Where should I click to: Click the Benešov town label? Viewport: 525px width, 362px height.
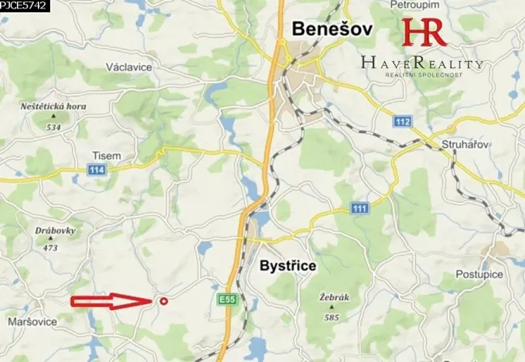[332, 29]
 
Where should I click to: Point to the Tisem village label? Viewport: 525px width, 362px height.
[105, 155]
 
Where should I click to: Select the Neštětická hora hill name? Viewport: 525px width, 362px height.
[53, 107]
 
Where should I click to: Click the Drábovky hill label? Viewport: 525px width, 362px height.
[51, 231]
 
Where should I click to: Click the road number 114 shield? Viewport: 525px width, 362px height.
[96, 169]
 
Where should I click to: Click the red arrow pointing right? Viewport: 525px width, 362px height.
[108, 302]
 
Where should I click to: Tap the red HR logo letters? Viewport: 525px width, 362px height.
[424, 32]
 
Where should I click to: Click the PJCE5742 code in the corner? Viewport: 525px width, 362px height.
[23, 5]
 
